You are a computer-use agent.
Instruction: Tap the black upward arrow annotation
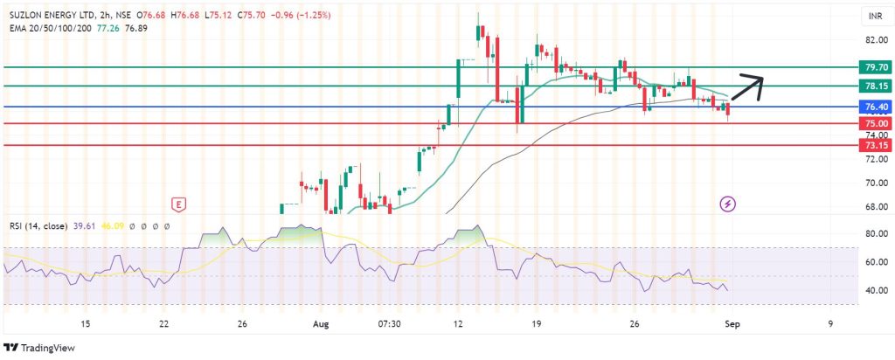pos(747,87)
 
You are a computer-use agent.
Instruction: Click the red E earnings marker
pos(178,204)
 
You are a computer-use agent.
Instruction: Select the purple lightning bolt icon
pos(729,204)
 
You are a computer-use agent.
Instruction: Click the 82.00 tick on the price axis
pos(876,40)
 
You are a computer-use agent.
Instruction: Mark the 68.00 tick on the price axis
pos(876,207)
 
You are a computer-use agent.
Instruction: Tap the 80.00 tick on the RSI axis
pos(876,234)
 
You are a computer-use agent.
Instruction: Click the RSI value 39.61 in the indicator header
pos(80,226)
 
